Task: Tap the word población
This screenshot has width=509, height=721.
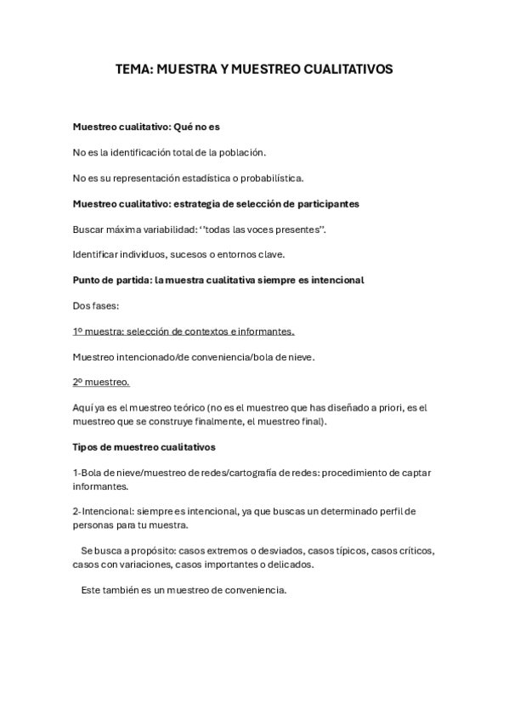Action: click(x=242, y=152)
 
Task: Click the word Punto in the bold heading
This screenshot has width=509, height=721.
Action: click(x=88, y=280)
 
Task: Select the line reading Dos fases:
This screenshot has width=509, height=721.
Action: click(x=94, y=305)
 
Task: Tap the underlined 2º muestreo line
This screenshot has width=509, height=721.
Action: click(x=100, y=382)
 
